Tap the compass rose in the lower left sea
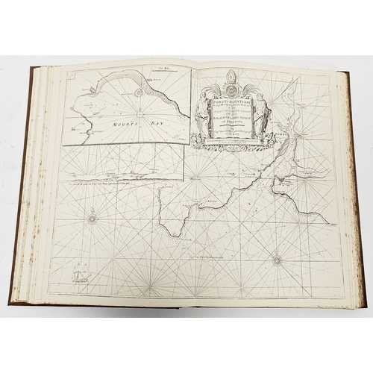93,219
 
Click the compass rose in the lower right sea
277,260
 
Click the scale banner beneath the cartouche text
233,145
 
